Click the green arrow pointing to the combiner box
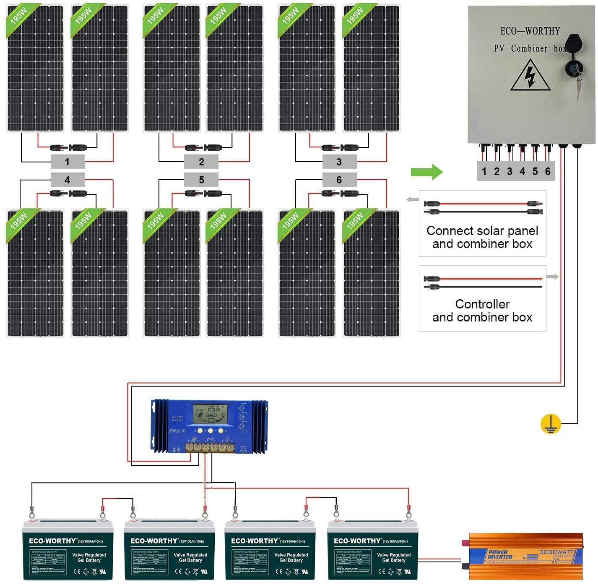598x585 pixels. coord(426,172)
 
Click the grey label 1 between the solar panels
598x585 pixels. coord(68,162)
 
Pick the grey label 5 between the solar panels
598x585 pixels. coord(201,180)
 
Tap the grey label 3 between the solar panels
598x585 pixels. coord(339,162)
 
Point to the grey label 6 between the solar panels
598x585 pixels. coord(339,180)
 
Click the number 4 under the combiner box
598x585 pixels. coord(522,171)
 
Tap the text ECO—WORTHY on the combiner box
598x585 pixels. coord(530,31)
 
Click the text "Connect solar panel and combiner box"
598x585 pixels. coord(482,237)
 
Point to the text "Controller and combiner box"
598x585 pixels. coord(482,311)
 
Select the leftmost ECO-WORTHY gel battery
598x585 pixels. coord(68,550)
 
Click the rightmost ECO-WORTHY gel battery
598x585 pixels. coord(372,550)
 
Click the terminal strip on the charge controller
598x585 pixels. coord(210,447)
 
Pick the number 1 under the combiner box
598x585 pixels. coord(484,171)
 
